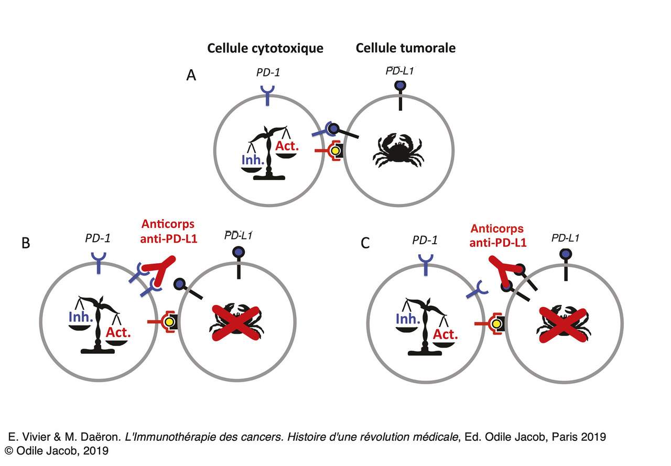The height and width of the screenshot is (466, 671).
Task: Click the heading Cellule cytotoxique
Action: click(x=265, y=48)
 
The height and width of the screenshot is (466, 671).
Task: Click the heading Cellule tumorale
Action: click(x=405, y=48)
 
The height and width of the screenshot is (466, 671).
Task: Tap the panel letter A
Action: click(x=192, y=77)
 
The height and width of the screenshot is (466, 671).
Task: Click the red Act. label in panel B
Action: click(x=118, y=332)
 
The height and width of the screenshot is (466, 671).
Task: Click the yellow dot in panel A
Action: click(x=334, y=151)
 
